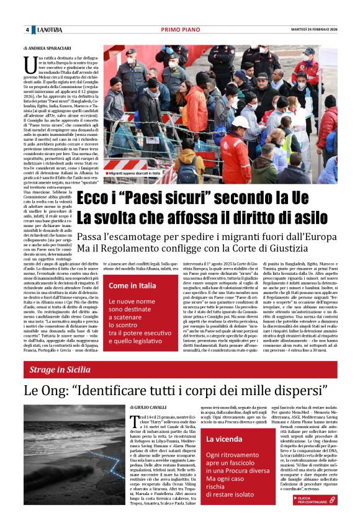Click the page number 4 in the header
point(27,30)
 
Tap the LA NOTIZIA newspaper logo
point(49,30)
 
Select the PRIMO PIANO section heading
point(179,30)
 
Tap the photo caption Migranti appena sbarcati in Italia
point(134,173)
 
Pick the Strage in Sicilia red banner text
point(62,370)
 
